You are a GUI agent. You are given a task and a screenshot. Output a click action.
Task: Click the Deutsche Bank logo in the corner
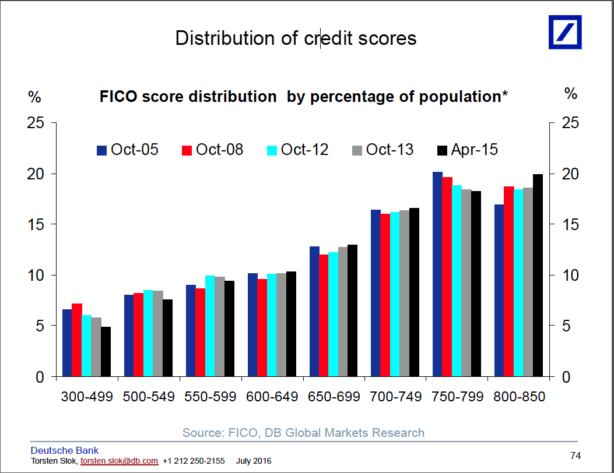tap(564, 31)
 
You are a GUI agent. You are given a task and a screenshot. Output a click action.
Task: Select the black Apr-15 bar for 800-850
tap(538, 276)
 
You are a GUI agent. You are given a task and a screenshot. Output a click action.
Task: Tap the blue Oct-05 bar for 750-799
tap(437, 274)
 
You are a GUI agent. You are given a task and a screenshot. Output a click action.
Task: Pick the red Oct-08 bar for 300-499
tap(76, 340)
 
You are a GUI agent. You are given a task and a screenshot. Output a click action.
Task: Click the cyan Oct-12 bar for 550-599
tap(210, 326)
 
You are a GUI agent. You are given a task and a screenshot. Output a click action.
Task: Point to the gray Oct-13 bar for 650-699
tap(343, 312)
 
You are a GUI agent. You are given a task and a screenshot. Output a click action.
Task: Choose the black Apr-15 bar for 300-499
tap(106, 352)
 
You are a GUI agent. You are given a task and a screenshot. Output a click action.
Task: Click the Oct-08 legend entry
tap(213, 150)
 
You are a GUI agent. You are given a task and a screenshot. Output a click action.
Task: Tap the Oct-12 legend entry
tap(298, 150)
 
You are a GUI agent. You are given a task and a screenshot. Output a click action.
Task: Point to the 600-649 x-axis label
tap(272, 397)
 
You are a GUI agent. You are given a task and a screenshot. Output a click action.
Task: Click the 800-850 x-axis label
tap(519, 397)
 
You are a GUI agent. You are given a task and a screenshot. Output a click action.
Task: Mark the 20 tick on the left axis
tap(37, 174)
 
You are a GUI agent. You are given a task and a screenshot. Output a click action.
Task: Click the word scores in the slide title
tap(388, 38)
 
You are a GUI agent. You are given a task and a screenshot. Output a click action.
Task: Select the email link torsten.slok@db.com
tap(119, 461)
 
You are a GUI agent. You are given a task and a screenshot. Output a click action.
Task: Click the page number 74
tap(575, 456)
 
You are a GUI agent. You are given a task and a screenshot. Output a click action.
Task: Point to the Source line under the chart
tap(303, 433)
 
